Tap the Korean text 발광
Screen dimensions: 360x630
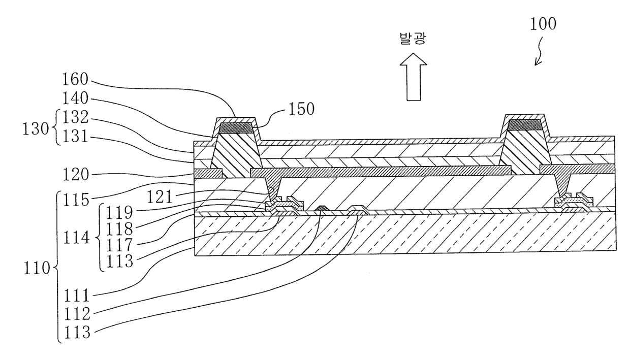click(x=413, y=40)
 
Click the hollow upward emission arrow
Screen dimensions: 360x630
click(x=413, y=78)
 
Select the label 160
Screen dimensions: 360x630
click(x=76, y=80)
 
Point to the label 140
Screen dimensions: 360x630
click(x=76, y=99)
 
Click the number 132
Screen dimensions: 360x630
click(x=76, y=118)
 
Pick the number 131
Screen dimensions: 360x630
click(x=76, y=137)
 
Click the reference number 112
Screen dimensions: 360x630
click(x=76, y=314)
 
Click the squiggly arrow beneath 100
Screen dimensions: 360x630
click(x=540, y=54)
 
